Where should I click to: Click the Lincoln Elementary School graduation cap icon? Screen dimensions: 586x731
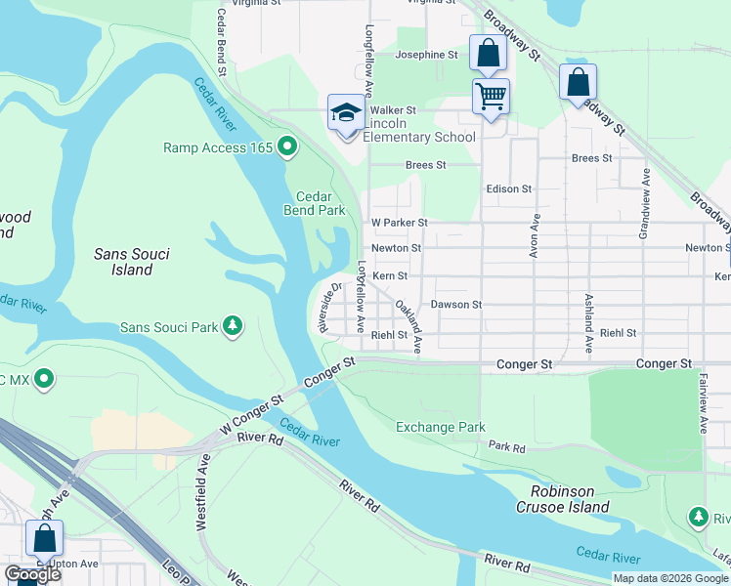tap(346, 114)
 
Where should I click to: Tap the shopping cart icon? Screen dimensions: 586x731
tap(491, 97)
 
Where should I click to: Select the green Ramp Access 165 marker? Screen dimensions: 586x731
tap(287, 148)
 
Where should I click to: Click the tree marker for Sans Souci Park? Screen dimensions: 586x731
tap(233, 326)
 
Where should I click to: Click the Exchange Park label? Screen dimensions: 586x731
tap(440, 427)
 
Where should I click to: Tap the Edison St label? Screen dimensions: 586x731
tap(508, 188)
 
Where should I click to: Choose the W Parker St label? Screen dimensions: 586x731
tap(399, 223)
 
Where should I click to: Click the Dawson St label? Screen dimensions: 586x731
tap(456, 305)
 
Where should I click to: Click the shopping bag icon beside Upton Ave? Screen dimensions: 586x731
tap(44, 538)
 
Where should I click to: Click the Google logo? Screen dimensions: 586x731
tap(33, 574)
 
